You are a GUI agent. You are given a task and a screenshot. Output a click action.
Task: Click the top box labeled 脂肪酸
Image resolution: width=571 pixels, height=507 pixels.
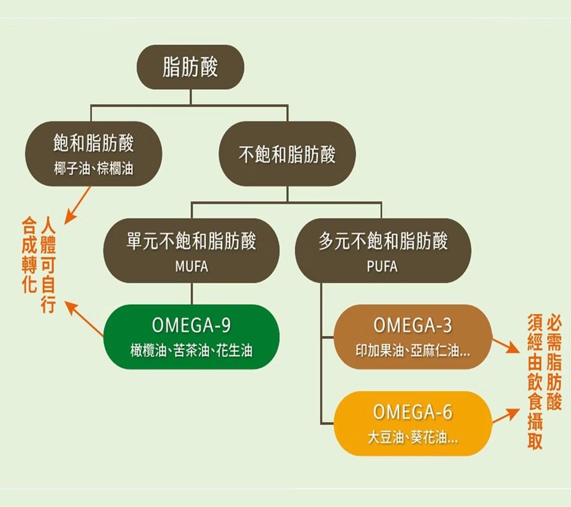coord(190,67)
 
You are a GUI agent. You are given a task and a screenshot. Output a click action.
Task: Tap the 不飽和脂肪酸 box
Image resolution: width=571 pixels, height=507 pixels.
coord(287,154)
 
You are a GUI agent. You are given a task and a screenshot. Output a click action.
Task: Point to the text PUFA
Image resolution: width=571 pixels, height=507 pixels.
coord(382,267)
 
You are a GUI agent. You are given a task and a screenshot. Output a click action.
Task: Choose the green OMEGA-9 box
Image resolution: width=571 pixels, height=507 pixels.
coord(191,337)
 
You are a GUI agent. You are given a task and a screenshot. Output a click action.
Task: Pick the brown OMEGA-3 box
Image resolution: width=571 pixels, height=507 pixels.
coord(412,337)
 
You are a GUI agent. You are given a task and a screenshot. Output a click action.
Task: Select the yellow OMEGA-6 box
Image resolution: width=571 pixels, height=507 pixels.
coord(412,423)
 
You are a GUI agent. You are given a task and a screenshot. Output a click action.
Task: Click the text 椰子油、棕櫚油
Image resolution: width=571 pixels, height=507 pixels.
coord(94,169)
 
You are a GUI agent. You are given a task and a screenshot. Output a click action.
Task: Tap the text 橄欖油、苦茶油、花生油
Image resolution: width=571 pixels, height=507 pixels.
coord(191,350)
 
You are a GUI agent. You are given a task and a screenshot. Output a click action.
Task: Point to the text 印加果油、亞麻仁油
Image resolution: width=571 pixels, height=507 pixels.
coord(412,350)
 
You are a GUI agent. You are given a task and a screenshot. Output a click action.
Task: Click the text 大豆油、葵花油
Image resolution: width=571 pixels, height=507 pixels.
coord(412,437)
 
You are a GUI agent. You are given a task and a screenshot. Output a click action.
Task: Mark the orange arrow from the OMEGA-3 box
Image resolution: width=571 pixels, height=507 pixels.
coord(504,346)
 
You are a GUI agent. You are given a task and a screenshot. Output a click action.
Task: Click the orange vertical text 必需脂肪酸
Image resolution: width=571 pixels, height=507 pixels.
coord(553,364)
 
